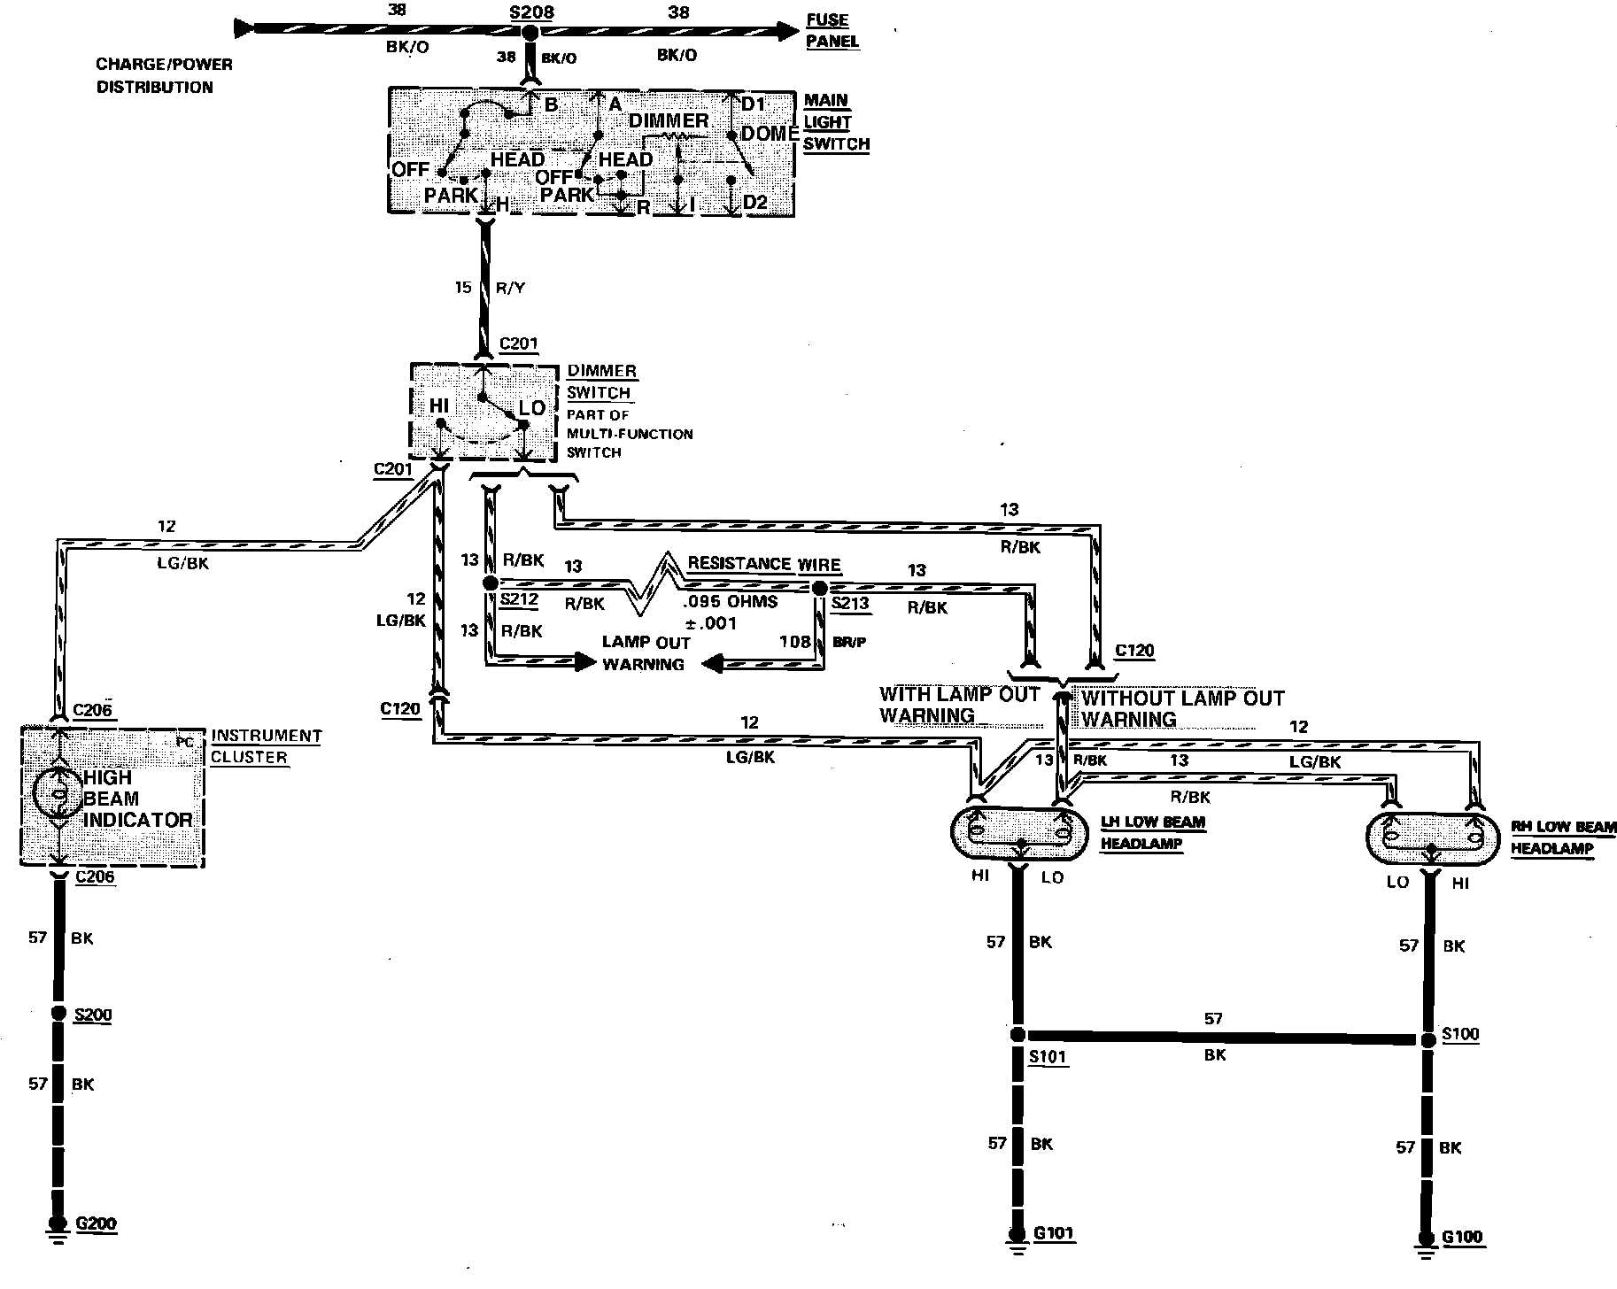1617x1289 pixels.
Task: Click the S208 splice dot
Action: (x=530, y=33)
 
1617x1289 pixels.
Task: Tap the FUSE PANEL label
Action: (x=832, y=31)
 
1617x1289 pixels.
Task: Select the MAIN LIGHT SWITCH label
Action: (x=836, y=122)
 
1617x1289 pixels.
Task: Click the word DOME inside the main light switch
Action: (x=769, y=134)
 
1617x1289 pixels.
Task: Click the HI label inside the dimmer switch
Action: (x=438, y=406)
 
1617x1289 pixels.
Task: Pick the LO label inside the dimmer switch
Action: (x=532, y=408)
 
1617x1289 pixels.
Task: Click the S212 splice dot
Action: (x=490, y=583)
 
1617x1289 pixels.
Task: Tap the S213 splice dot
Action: (x=820, y=588)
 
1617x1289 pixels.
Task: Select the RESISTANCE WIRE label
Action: (x=763, y=564)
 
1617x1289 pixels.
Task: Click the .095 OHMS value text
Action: (x=730, y=602)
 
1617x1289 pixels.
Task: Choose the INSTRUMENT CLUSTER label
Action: (x=266, y=746)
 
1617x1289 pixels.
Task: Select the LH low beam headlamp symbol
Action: (x=1018, y=833)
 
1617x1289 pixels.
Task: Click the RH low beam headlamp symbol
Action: (x=1431, y=837)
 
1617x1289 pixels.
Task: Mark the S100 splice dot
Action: (x=1427, y=1040)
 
